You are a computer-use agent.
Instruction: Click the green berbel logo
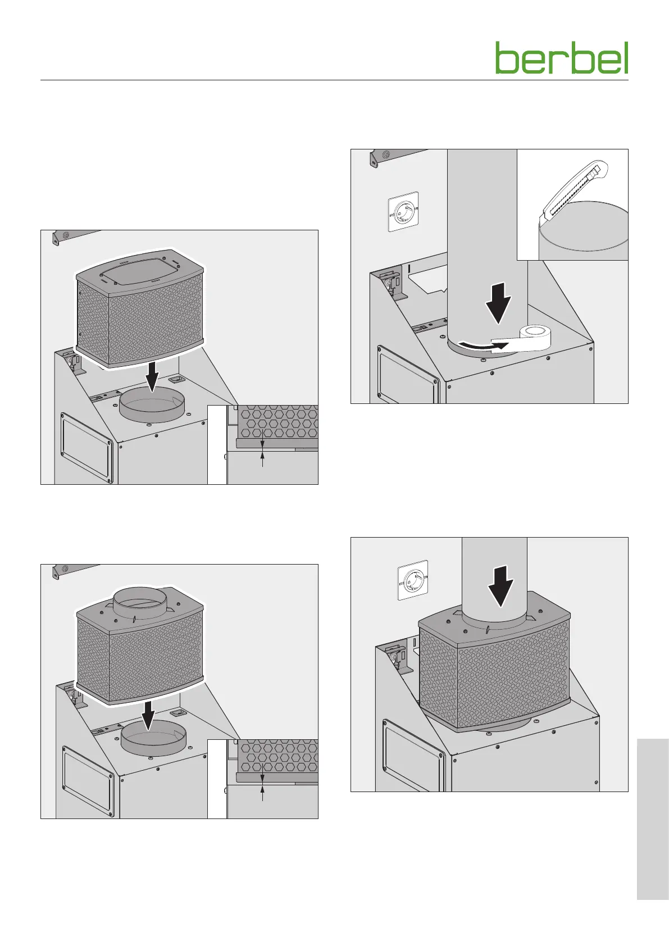click(x=561, y=58)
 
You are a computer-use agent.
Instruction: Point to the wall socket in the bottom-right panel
click(x=413, y=580)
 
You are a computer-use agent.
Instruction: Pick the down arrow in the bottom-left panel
click(x=148, y=713)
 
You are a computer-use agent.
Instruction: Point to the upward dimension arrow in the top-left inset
click(x=262, y=459)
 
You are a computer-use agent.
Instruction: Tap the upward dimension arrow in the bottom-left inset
click(x=262, y=793)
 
